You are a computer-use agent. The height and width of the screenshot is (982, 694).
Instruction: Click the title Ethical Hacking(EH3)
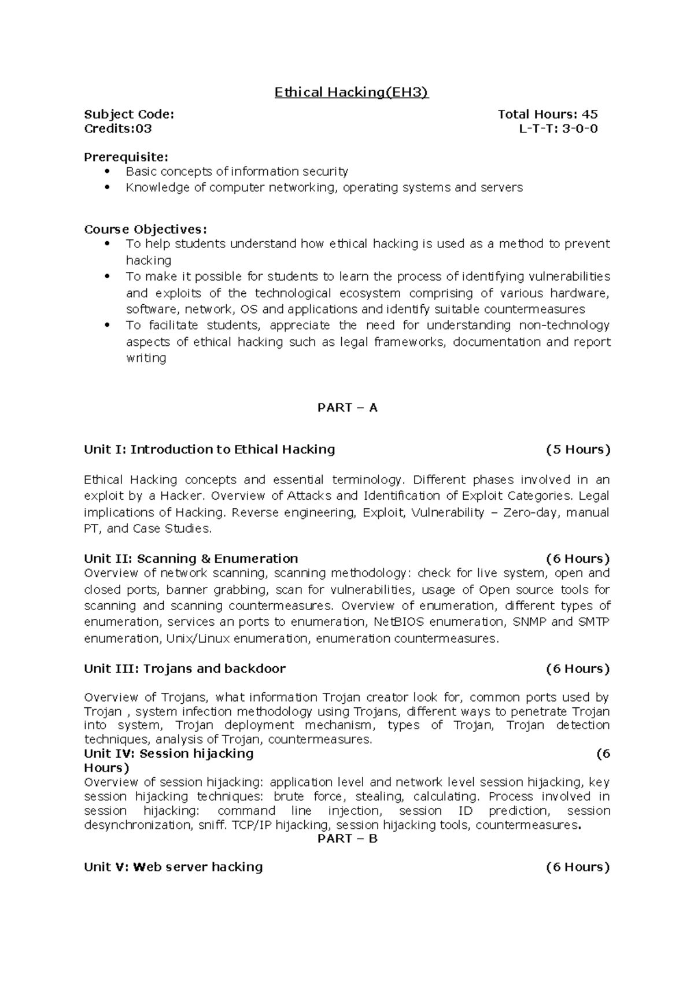pos(351,93)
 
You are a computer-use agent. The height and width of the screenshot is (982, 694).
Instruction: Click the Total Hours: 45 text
pos(547,115)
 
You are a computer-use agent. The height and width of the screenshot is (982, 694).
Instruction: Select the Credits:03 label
pos(118,128)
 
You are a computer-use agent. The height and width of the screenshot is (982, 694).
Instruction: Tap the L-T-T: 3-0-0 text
pos(558,128)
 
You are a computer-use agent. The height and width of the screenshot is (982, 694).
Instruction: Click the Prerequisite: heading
pos(126,157)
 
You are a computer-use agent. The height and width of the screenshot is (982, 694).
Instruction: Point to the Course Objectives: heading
pos(145,229)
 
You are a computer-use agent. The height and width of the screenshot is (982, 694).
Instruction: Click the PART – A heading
pos(347,408)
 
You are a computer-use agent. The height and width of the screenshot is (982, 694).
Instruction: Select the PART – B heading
pos(347,839)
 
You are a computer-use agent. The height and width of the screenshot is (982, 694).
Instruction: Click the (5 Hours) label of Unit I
pos(578,449)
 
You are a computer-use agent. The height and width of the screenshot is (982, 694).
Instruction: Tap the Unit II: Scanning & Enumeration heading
pos(191,559)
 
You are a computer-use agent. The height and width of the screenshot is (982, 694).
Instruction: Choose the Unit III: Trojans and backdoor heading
pos(184,669)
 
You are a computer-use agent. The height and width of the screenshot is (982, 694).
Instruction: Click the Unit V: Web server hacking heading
pos(173,867)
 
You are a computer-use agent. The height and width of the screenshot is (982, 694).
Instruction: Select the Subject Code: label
pos(128,115)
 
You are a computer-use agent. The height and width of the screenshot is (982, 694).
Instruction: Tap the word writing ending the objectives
pos(146,358)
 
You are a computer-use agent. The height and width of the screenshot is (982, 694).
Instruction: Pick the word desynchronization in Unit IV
pos(136,825)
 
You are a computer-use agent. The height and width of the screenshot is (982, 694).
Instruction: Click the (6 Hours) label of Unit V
pos(578,867)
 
